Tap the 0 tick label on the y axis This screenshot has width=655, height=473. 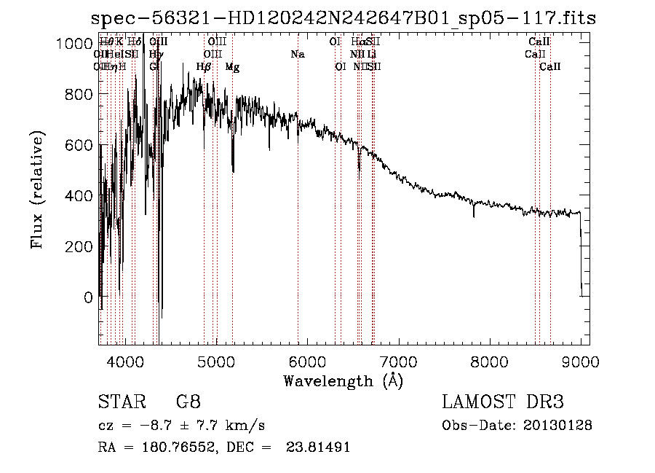[87, 297]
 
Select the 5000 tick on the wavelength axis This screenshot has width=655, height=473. [216, 361]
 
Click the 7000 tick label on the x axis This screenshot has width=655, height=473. [398, 361]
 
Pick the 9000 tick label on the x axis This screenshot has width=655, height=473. [580, 361]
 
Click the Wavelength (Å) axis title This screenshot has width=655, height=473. [343, 380]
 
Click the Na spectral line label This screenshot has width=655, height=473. [298, 55]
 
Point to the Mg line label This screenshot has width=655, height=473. [232, 67]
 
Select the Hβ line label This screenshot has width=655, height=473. [204, 67]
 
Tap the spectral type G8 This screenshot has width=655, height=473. [188, 402]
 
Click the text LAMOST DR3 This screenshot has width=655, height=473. [502, 402]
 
